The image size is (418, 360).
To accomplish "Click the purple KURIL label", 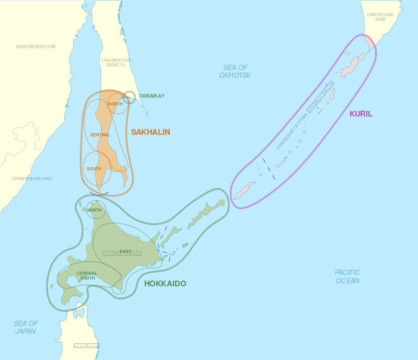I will click(x=361, y=114).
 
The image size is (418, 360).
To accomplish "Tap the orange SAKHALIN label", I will click(x=150, y=132).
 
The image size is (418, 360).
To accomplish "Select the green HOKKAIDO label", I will click(x=165, y=284).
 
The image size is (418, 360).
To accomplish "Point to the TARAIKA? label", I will click(x=152, y=96).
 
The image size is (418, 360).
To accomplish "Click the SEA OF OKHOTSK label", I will click(x=235, y=72).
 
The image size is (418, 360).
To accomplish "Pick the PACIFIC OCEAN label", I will click(x=347, y=276).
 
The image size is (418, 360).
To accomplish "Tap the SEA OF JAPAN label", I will click(x=26, y=328).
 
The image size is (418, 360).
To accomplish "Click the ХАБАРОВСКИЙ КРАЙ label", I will click(x=36, y=47).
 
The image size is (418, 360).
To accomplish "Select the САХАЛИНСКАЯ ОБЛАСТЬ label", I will click(x=115, y=63).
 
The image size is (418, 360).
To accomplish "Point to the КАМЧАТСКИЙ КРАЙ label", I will click(x=380, y=17).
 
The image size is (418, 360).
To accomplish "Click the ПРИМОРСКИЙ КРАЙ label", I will click(x=31, y=179).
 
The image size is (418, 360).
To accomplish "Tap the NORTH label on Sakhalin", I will click(x=115, y=104).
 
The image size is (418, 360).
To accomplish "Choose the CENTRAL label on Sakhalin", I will click(x=100, y=135).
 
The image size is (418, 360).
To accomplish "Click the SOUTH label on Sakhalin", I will click(x=94, y=169).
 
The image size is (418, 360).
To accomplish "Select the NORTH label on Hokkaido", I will click(x=95, y=210).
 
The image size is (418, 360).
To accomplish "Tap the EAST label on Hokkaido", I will click(x=125, y=251).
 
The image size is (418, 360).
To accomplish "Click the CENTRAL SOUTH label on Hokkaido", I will click(x=87, y=275).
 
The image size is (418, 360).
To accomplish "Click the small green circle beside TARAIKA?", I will click(x=130, y=97).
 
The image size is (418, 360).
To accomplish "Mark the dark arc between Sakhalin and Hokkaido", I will click(x=99, y=194).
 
